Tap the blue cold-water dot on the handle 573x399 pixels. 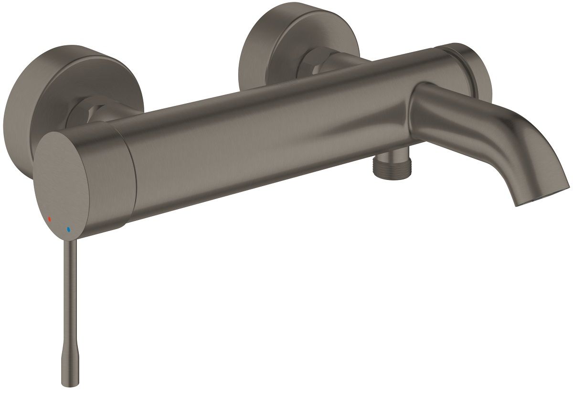[69, 230]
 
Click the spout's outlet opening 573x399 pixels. [541, 196]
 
